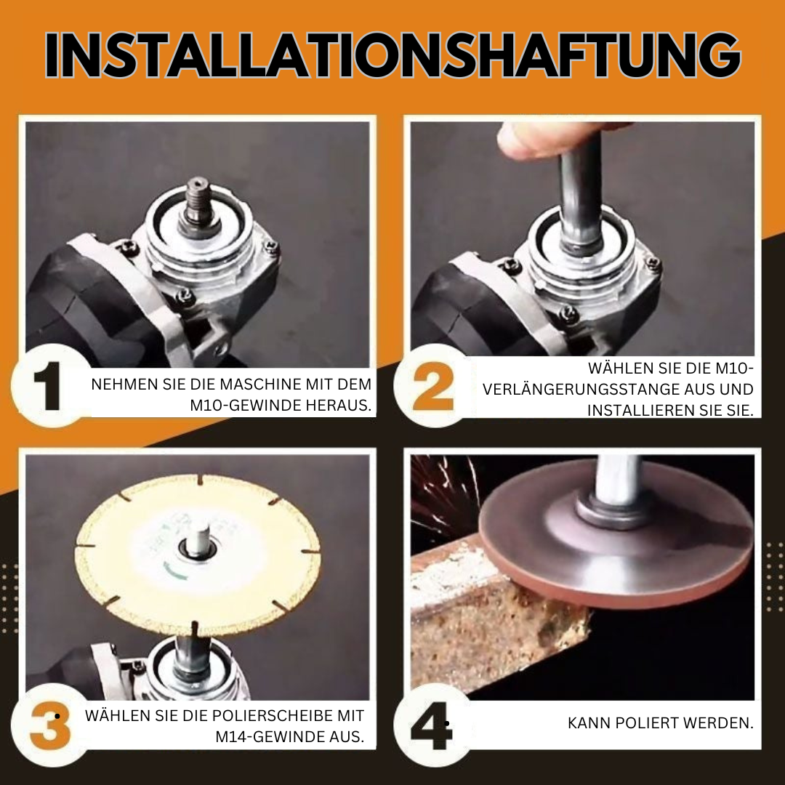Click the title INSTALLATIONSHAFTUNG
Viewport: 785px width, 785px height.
(x=392, y=55)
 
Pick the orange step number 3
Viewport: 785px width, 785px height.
(x=50, y=726)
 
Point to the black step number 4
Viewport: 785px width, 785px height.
(x=431, y=726)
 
